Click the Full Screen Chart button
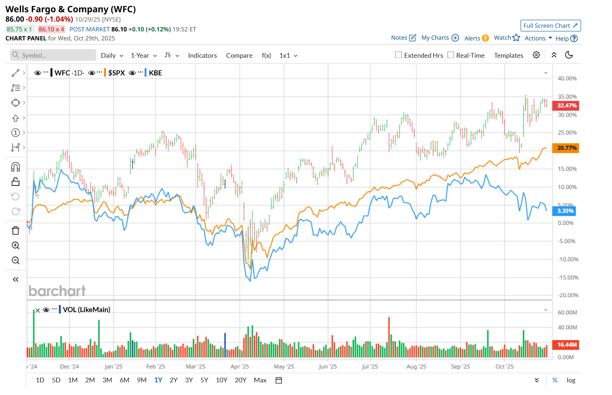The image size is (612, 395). coord(550,26)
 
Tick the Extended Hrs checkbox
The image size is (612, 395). coord(398,55)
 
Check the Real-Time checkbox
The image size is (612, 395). coord(451,55)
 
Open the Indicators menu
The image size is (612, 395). coord(202,56)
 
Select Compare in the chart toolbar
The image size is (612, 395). coord(239,56)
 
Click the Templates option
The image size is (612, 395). coord(508,56)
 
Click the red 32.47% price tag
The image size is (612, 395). coord(566,106)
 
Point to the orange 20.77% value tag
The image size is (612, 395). coord(566,148)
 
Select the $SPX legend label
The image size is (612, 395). coord(116,73)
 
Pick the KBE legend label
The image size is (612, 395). coord(155,73)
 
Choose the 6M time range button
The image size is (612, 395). coord(124,380)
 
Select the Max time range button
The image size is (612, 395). coord(260,380)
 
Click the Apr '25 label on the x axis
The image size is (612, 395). coord(240,367)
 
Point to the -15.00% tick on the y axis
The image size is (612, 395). coord(568,277)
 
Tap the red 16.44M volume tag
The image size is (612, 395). coord(566,345)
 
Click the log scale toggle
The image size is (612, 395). coord(571,380)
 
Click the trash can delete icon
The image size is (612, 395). coord(15,231)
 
